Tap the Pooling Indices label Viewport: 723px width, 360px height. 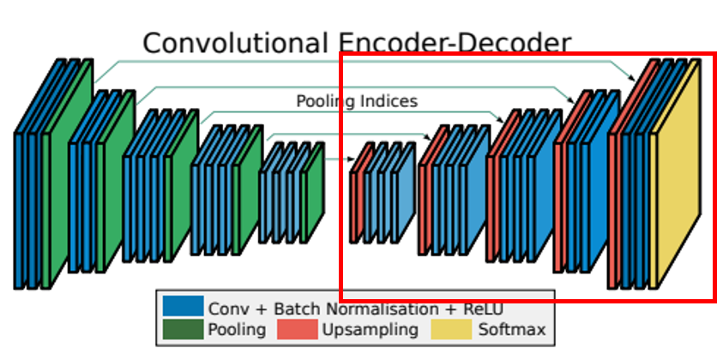(357, 101)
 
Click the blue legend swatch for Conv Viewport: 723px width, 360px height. (182, 307)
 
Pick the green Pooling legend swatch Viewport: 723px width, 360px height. (182, 329)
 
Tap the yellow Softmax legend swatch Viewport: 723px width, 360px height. (450, 329)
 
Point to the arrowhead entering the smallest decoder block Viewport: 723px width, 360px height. (351, 159)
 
